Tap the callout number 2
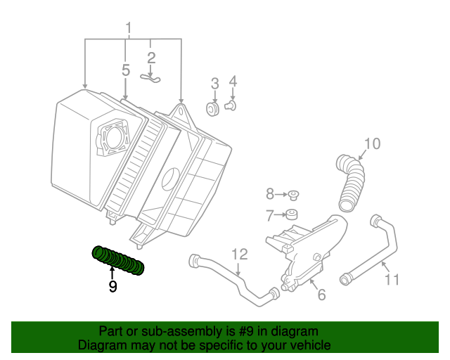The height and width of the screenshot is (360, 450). click(151, 58)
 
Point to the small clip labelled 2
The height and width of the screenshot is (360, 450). click(150, 77)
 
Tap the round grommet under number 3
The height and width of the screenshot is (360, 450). click(212, 109)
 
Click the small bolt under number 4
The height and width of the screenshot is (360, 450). click(231, 106)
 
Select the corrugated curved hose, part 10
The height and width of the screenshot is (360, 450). click(351, 184)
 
